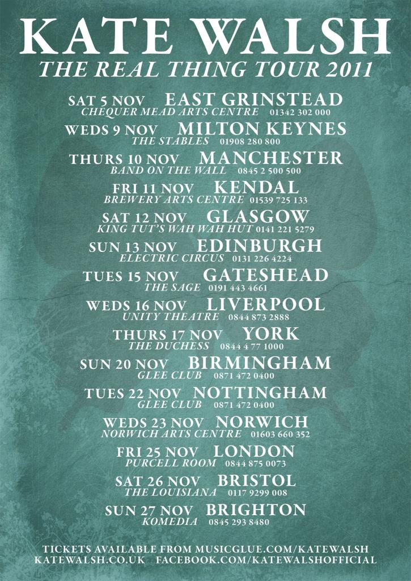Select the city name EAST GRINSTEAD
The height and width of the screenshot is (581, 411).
(x=253, y=100)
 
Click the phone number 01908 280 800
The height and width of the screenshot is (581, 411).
(x=251, y=141)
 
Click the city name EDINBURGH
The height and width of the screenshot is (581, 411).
(x=259, y=246)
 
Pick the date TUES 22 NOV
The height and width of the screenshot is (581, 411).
(x=133, y=393)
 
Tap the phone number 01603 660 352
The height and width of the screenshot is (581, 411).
(x=280, y=435)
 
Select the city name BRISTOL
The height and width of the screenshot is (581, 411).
(x=256, y=481)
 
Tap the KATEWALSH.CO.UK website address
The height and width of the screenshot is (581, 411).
(x=88, y=560)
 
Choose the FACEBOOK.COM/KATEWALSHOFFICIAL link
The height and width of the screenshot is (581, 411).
(x=266, y=560)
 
